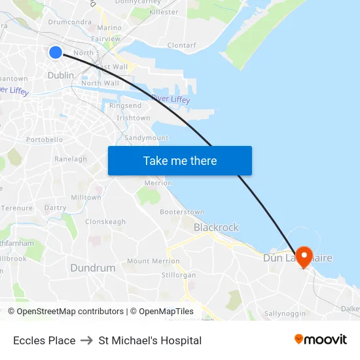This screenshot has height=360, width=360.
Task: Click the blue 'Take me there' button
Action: point(180,161)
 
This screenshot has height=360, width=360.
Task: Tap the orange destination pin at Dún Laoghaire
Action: point(304,256)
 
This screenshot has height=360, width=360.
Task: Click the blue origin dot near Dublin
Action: point(56,52)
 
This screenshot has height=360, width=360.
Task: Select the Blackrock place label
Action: point(216,228)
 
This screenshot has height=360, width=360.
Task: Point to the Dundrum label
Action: point(92,268)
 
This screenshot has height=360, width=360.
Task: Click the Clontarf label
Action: point(181,45)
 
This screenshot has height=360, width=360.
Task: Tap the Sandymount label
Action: point(146,138)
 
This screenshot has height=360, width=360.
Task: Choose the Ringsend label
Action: point(125,105)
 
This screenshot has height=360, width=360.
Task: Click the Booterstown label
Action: point(182,212)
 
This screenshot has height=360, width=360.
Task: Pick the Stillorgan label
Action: point(178,276)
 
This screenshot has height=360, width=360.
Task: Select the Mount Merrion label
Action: point(153,261)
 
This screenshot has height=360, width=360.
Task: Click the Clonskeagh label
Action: point(105,222)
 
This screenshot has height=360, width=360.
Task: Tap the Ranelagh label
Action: point(71,159)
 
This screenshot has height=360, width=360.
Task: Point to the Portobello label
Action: point(45,139)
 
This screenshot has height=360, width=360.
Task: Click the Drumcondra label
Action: point(69,22)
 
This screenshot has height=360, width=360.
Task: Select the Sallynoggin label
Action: point(285,314)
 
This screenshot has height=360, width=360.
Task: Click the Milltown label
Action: point(86,198)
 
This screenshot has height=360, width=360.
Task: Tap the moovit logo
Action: point(320,340)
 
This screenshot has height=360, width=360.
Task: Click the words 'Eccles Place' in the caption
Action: point(44,340)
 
